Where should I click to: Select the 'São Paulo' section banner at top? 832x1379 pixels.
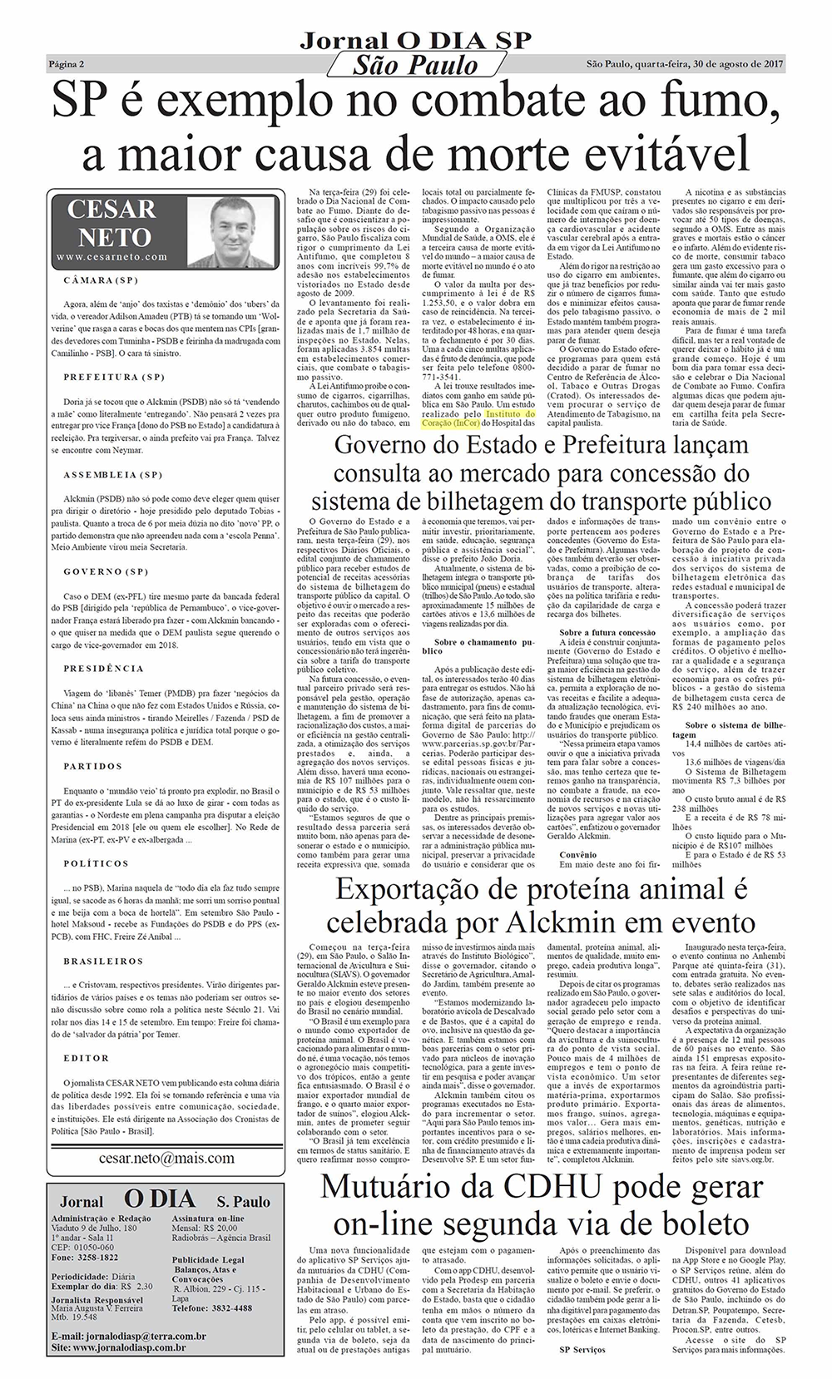coord(415,66)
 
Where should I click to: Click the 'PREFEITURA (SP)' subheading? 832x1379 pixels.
coord(115,377)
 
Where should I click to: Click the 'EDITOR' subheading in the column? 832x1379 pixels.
coord(87,1058)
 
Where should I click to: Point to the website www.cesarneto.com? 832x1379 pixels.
coord(112,258)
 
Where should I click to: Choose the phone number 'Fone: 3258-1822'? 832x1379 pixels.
coord(84,1258)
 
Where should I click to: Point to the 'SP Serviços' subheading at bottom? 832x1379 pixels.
coord(582,1348)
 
